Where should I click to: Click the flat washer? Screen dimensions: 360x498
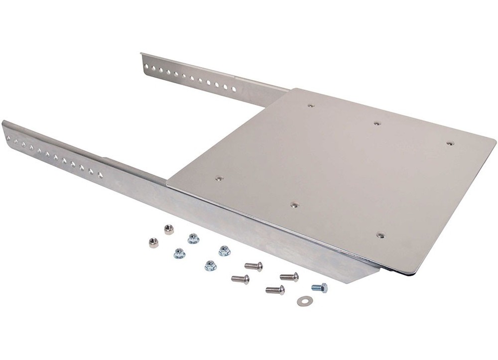pos(302,301)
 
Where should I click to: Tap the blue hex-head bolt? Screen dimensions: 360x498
pos(319,288)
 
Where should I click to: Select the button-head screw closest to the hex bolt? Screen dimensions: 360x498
pos(289,277)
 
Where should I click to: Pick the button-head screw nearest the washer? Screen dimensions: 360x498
pos(275,290)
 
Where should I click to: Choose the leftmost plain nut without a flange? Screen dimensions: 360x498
pos(153,242)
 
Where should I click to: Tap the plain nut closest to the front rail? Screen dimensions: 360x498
pos(169,230)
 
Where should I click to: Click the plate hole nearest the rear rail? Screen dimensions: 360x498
pos(311,106)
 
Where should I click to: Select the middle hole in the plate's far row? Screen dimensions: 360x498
pos(377,122)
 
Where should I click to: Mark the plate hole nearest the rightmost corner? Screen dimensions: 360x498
pos(450,143)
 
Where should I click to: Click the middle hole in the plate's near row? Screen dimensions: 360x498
pos(294,205)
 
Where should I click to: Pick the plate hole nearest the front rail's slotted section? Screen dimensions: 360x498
pos(219,178)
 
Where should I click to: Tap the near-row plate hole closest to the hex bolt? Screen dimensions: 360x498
pos(380,235)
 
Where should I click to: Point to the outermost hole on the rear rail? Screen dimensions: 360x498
pos(145,64)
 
